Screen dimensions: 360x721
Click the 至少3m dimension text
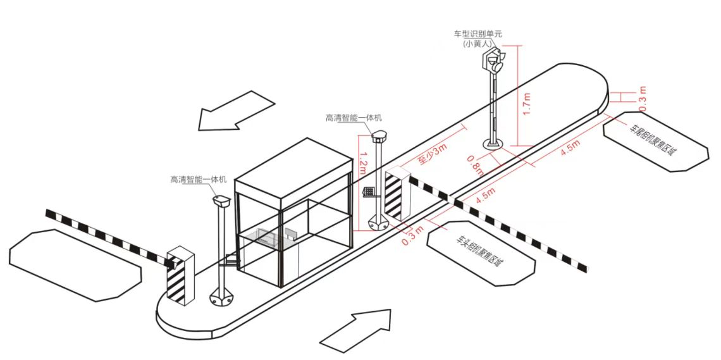pyautogui.click(x=432, y=154)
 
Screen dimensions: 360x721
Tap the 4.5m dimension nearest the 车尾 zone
pyautogui.click(x=570, y=147)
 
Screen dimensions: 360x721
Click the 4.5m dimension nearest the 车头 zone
pyautogui.click(x=486, y=196)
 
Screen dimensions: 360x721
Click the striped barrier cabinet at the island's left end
pyautogui.click(x=180, y=278)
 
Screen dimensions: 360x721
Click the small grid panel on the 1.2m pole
pyautogui.click(x=367, y=192)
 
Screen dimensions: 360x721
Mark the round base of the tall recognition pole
pyautogui.click(x=494, y=145)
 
